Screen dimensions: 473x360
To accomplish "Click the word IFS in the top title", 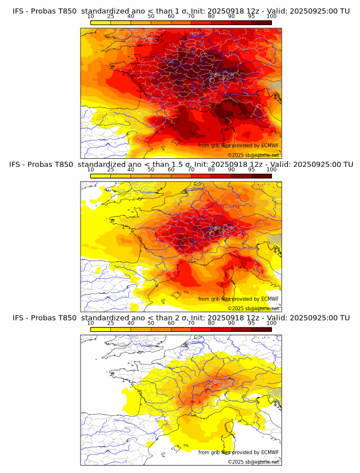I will tap(19, 11).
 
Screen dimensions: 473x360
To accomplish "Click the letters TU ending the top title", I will tap(345, 11).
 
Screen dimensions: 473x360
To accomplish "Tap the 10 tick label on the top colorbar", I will tap(91, 17).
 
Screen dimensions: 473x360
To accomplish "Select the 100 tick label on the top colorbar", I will tap(271, 17).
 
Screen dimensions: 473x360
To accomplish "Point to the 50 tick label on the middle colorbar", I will tap(151, 170).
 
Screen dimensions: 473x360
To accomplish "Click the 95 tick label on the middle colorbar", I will tap(251, 170).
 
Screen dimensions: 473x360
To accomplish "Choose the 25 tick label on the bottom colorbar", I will tap(111, 323).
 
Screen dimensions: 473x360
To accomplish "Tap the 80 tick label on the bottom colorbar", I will tap(211, 323).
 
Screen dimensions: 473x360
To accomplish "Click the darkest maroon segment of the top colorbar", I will tap(261, 22).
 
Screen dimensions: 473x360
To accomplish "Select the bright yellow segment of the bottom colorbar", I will tap(101, 328).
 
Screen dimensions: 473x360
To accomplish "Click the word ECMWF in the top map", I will tap(270, 146).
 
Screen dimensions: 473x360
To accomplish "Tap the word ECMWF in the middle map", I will tap(270, 299).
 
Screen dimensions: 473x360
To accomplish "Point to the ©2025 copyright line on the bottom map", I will tap(253, 462).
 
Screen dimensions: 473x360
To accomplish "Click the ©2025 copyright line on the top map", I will tap(253, 155).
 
